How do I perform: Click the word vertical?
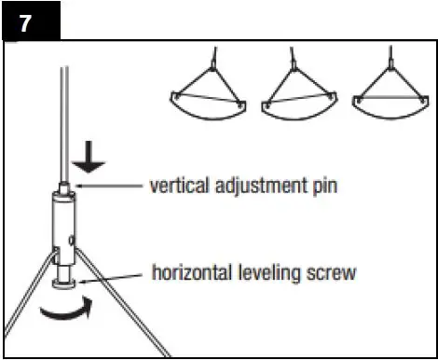178,185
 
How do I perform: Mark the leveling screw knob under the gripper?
66,281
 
